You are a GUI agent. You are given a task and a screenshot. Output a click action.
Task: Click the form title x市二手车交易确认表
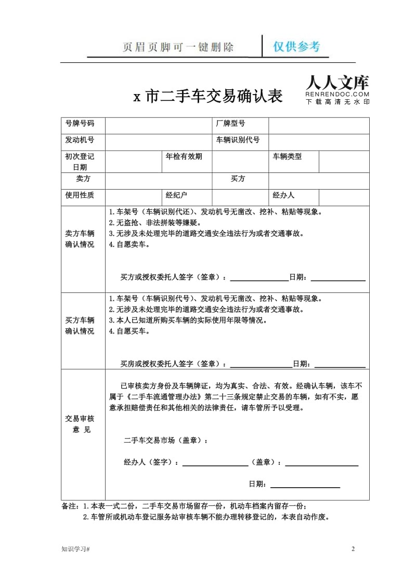point(208,96)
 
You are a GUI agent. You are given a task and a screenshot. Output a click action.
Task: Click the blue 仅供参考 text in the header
point(297,47)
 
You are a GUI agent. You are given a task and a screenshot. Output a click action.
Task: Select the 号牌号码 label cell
point(80,124)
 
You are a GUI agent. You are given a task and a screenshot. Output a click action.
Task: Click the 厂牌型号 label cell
point(231,124)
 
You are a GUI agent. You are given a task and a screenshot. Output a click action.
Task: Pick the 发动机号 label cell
point(80,140)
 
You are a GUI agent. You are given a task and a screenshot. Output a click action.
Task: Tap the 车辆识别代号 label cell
point(238,140)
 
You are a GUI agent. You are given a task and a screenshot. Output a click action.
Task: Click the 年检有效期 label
point(184,156)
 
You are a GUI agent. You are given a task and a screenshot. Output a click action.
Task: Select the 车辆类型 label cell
point(287,156)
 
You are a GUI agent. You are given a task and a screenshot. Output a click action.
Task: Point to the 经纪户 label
point(176,195)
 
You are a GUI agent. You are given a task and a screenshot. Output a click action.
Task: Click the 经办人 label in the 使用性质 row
point(283,195)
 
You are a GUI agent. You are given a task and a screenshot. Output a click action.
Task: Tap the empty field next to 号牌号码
point(159,124)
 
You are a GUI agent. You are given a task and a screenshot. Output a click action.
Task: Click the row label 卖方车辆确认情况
point(80,239)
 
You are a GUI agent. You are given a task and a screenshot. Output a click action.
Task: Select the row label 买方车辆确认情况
point(80,326)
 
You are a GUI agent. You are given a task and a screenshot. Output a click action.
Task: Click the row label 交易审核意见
point(80,424)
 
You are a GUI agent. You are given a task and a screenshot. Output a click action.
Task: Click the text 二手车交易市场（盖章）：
point(166,440)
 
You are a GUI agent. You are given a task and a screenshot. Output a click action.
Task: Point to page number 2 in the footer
point(353,549)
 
